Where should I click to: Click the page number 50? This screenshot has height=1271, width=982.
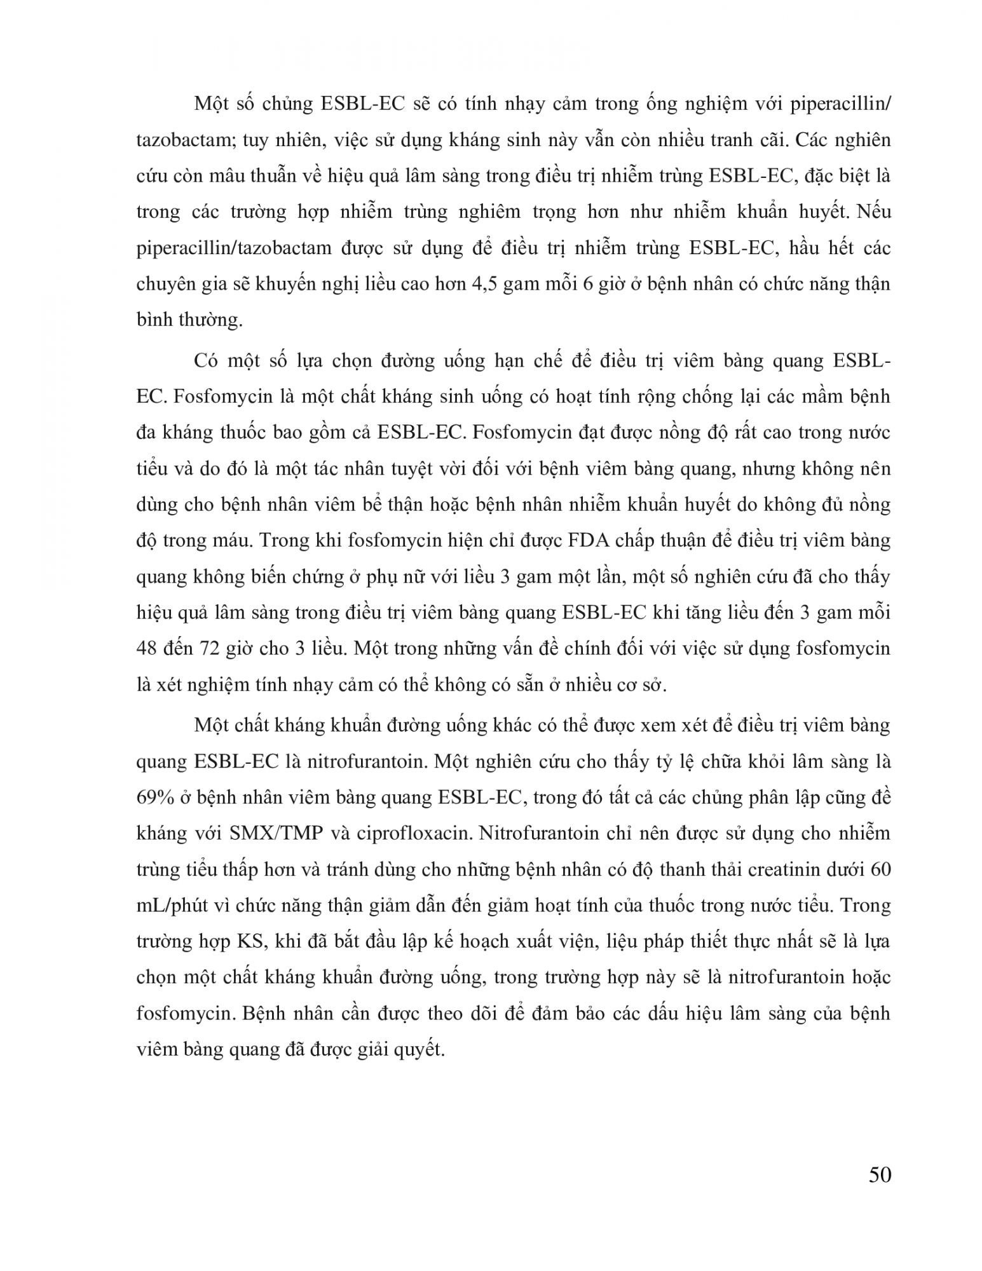pos(879,1175)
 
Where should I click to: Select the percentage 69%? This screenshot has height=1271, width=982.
pos(155,797)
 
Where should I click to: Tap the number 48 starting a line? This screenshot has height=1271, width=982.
pos(147,649)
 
